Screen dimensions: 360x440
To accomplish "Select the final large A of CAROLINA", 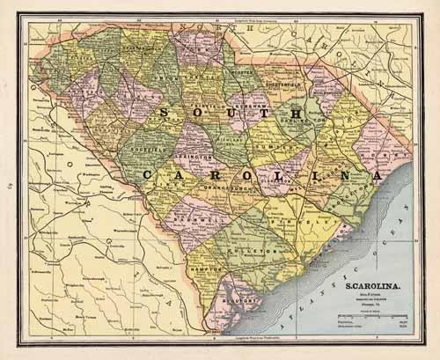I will (377, 176).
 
